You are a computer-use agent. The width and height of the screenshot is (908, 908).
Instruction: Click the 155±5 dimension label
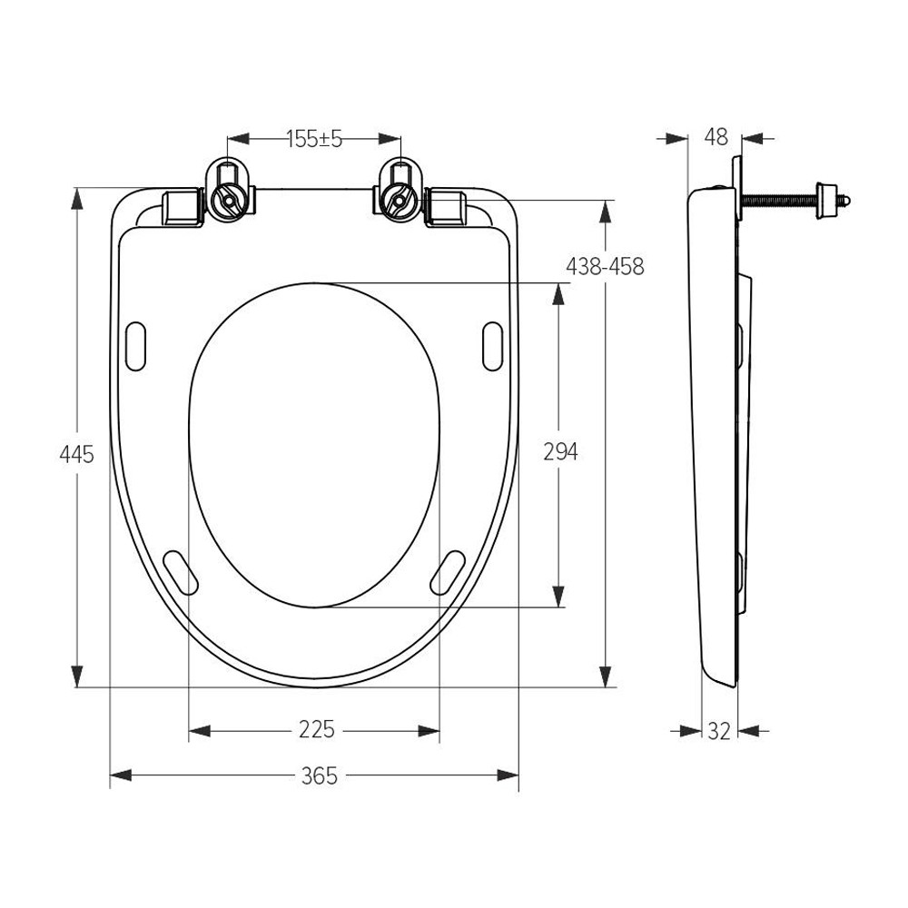314,139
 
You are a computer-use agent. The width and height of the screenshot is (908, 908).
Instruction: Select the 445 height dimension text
76,455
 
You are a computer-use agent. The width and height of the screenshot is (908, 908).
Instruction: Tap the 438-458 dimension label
605,266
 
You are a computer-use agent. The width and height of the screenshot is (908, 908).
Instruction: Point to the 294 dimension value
560,451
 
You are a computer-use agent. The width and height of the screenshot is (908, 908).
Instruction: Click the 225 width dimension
317,729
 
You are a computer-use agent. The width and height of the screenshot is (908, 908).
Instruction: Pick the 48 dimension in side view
716,137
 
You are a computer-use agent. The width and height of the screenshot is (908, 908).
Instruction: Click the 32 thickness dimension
719,732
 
